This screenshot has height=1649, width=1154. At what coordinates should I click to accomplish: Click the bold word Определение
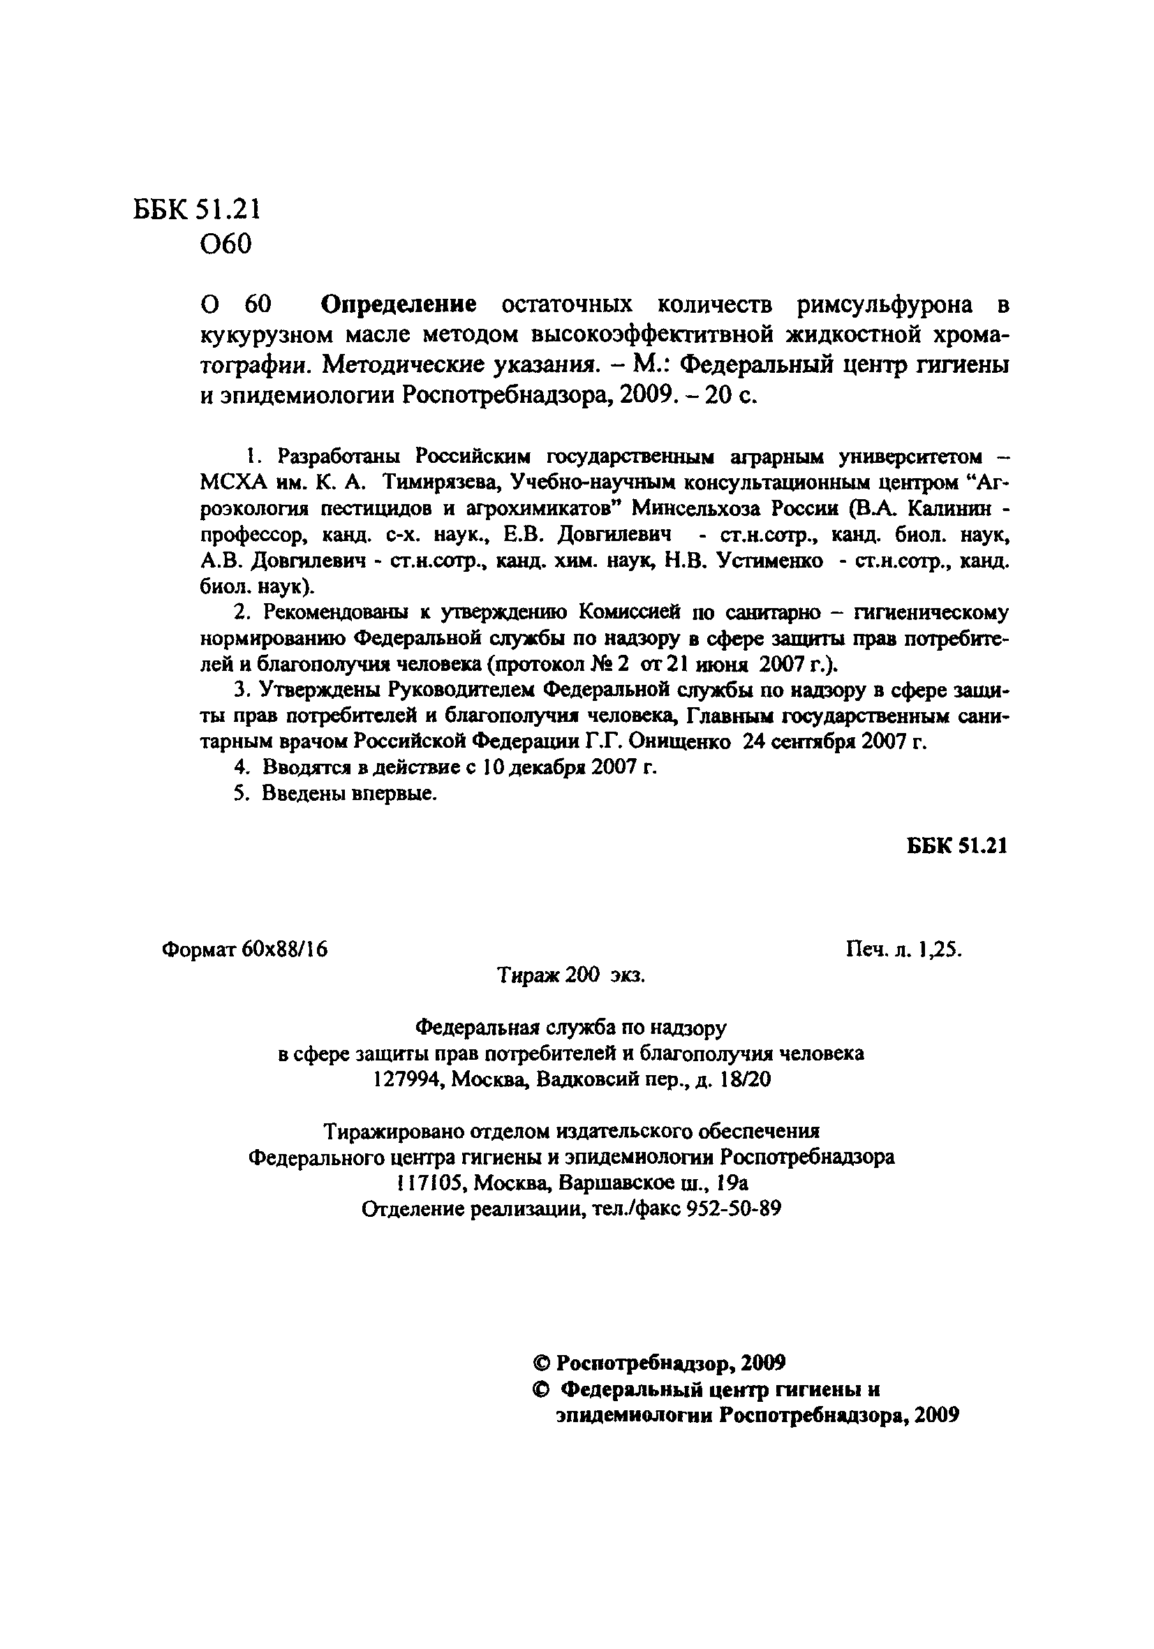click(x=398, y=305)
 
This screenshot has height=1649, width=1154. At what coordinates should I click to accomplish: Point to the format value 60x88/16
click(x=284, y=949)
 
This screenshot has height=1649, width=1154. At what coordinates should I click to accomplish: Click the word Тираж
click(x=528, y=975)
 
